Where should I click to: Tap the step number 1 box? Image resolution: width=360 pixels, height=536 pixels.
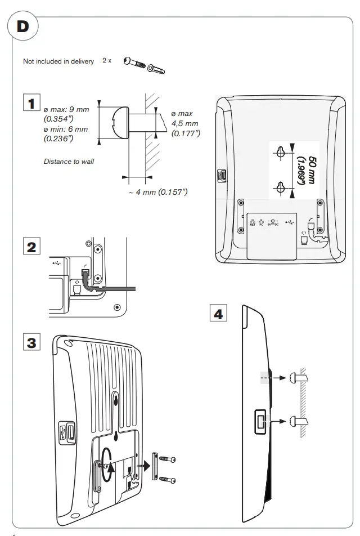(31, 102)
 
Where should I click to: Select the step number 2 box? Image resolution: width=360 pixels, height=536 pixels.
(31, 246)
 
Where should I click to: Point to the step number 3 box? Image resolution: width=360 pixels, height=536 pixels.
(31, 342)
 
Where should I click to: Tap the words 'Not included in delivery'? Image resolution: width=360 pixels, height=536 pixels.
(58, 61)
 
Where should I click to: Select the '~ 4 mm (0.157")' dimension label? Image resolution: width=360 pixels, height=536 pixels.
(158, 193)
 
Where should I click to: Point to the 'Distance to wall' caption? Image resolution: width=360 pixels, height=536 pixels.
(69, 162)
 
